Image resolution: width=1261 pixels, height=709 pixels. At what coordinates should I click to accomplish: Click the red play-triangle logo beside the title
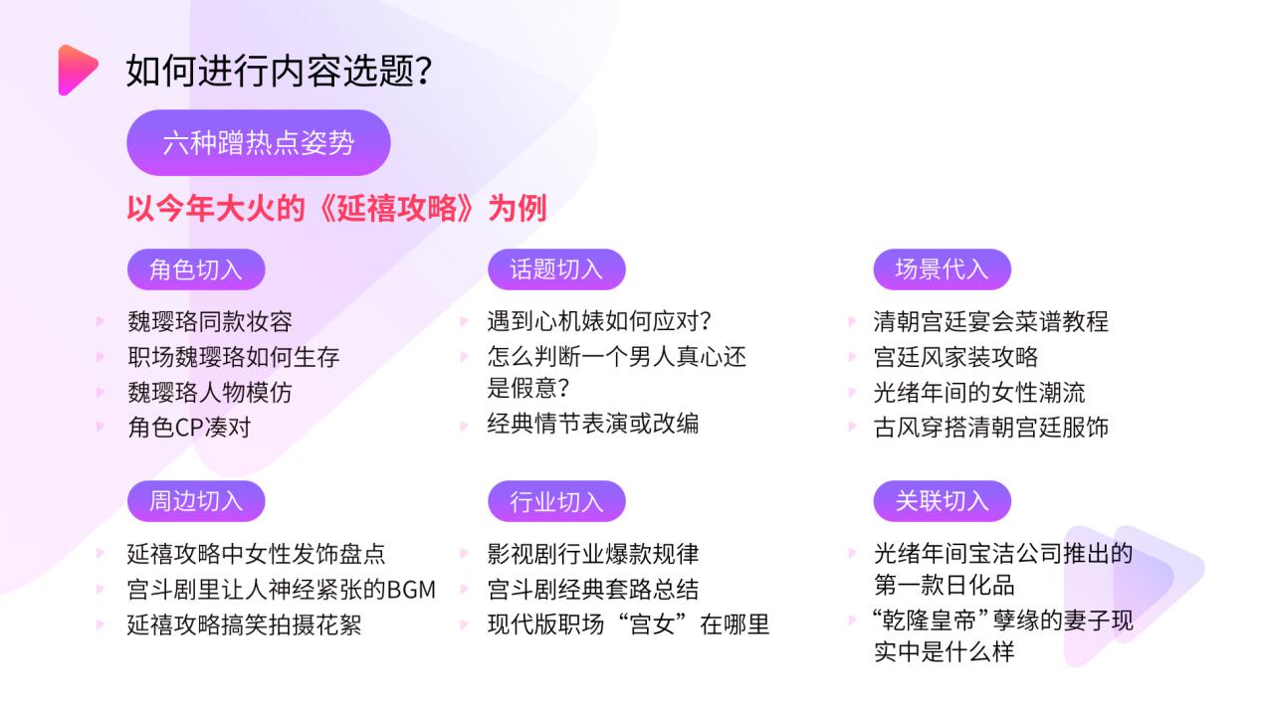pyautogui.click(x=77, y=71)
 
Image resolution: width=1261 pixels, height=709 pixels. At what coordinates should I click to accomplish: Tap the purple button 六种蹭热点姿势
pyautogui.click(x=259, y=143)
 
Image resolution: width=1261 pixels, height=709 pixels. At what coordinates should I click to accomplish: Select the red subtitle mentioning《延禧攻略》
pyautogui.click(x=336, y=209)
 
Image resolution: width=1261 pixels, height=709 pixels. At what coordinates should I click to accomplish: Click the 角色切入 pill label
pyautogui.click(x=196, y=269)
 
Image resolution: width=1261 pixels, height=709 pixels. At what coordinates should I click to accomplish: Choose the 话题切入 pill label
pyautogui.click(x=556, y=269)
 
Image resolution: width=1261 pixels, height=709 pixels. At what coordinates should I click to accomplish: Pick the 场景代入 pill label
pyautogui.click(x=942, y=269)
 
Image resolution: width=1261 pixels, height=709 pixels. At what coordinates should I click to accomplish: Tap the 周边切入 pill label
pyautogui.click(x=196, y=501)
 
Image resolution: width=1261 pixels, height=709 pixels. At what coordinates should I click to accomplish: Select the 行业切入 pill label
pyautogui.click(x=556, y=501)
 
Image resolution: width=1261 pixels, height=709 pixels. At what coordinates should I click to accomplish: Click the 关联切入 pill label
pyautogui.click(x=942, y=501)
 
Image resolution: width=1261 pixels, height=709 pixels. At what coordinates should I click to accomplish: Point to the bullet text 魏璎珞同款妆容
pyautogui.click(x=210, y=321)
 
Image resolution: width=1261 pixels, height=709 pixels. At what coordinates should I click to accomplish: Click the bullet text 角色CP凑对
pyautogui.click(x=189, y=428)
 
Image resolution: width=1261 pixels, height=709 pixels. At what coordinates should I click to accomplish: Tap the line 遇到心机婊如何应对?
pyautogui.click(x=599, y=321)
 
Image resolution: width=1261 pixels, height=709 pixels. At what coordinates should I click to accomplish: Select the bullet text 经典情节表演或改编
pyautogui.click(x=593, y=424)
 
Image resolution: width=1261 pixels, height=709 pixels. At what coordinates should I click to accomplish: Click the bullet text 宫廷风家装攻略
pyautogui.click(x=955, y=357)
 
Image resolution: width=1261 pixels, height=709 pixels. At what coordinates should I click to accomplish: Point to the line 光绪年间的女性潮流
pyautogui.click(x=979, y=393)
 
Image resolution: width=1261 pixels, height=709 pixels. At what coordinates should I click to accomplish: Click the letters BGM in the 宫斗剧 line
pyautogui.click(x=411, y=590)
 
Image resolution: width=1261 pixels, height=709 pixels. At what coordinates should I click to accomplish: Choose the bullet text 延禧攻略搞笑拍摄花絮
pyautogui.click(x=244, y=624)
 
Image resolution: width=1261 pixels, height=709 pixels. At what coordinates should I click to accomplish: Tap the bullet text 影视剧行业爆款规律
pyautogui.click(x=593, y=554)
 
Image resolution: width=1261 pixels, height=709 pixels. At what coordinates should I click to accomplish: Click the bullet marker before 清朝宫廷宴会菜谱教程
pyautogui.click(x=852, y=321)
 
